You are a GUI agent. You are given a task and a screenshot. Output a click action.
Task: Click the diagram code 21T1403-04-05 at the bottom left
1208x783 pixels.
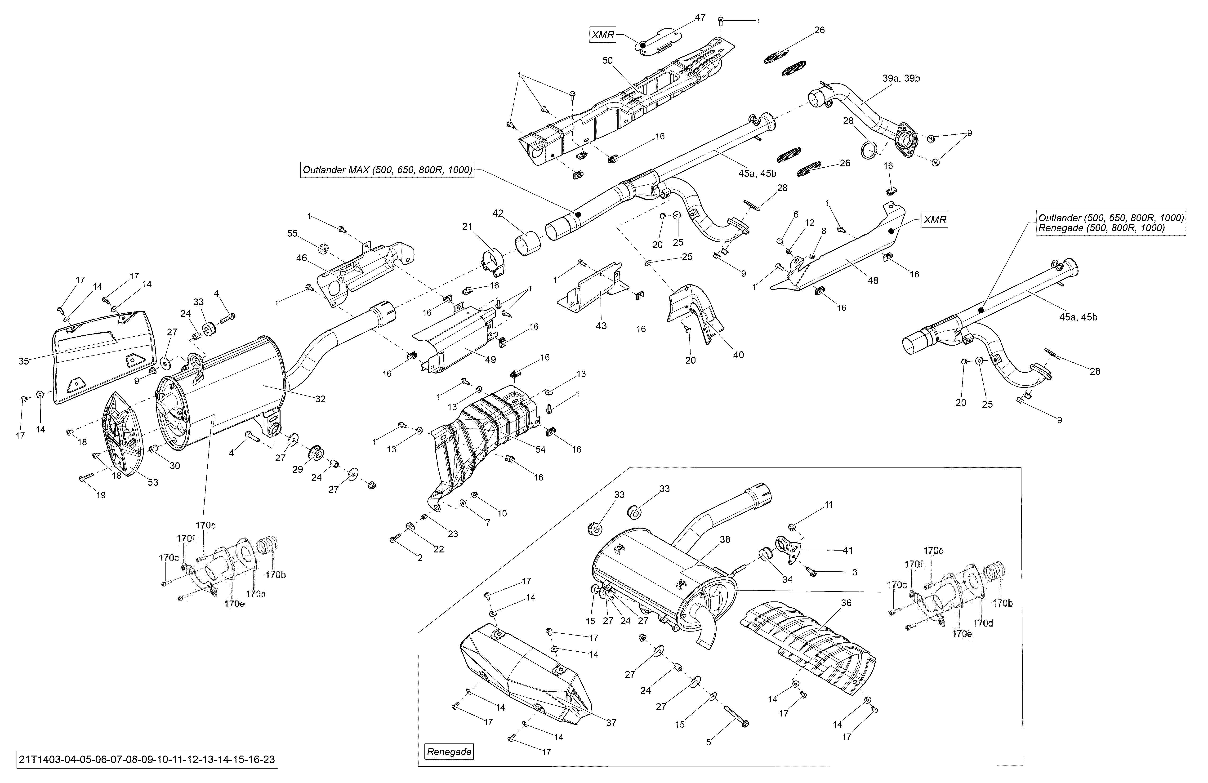[x=147, y=760]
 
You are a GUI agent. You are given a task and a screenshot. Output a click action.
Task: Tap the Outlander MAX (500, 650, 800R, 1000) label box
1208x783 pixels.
[x=387, y=170]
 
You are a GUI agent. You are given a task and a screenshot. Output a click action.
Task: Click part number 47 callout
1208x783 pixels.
[x=700, y=18]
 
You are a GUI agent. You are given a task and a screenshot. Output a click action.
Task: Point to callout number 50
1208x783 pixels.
[x=608, y=60]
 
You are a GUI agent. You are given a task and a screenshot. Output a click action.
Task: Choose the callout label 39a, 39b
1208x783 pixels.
[x=901, y=79]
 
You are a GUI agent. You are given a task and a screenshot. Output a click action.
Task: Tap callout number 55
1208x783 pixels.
[x=292, y=233]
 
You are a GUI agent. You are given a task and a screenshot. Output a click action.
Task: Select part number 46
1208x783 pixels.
[x=302, y=258]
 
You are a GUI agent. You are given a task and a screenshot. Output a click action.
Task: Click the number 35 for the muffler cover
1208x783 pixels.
[x=23, y=361]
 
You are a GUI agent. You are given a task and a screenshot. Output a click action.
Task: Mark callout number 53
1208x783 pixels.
[x=153, y=483]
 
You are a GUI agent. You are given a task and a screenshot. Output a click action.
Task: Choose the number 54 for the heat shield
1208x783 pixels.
[x=540, y=449]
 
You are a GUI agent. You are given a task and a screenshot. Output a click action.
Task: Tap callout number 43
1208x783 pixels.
[x=601, y=326]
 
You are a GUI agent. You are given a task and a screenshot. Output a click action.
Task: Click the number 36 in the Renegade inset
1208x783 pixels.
[x=846, y=603]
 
